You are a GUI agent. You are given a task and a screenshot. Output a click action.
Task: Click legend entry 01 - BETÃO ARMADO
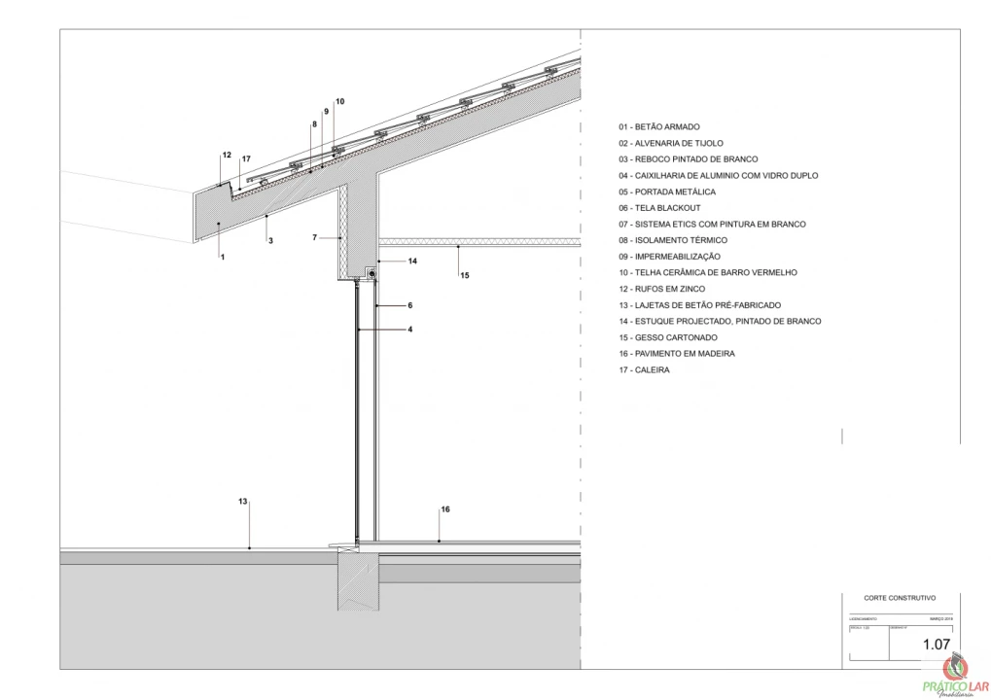(x=658, y=127)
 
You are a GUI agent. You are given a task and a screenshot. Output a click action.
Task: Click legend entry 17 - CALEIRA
(x=644, y=370)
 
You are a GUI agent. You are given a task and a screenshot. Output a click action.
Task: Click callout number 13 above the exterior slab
(x=243, y=502)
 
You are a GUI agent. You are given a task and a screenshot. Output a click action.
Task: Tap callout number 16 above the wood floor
(x=445, y=509)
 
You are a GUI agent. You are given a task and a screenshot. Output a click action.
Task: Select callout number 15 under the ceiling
(x=465, y=276)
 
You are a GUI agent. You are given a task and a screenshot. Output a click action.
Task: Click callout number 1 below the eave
(x=223, y=257)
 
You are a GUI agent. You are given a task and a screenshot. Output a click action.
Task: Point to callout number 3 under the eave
(x=270, y=240)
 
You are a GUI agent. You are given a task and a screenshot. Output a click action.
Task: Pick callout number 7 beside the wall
(x=315, y=237)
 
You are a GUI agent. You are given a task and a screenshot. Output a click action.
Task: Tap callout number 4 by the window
(x=410, y=330)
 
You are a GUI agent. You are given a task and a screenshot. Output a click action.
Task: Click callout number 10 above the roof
(x=339, y=101)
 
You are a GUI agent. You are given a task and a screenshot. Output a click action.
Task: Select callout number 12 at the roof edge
(x=227, y=156)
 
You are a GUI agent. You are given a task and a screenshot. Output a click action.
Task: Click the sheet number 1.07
(x=936, y=644)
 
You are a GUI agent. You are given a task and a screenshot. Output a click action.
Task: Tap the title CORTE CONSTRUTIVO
(x=899, y=599)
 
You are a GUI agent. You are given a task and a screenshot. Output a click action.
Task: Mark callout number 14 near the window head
(x=412, y=262)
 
